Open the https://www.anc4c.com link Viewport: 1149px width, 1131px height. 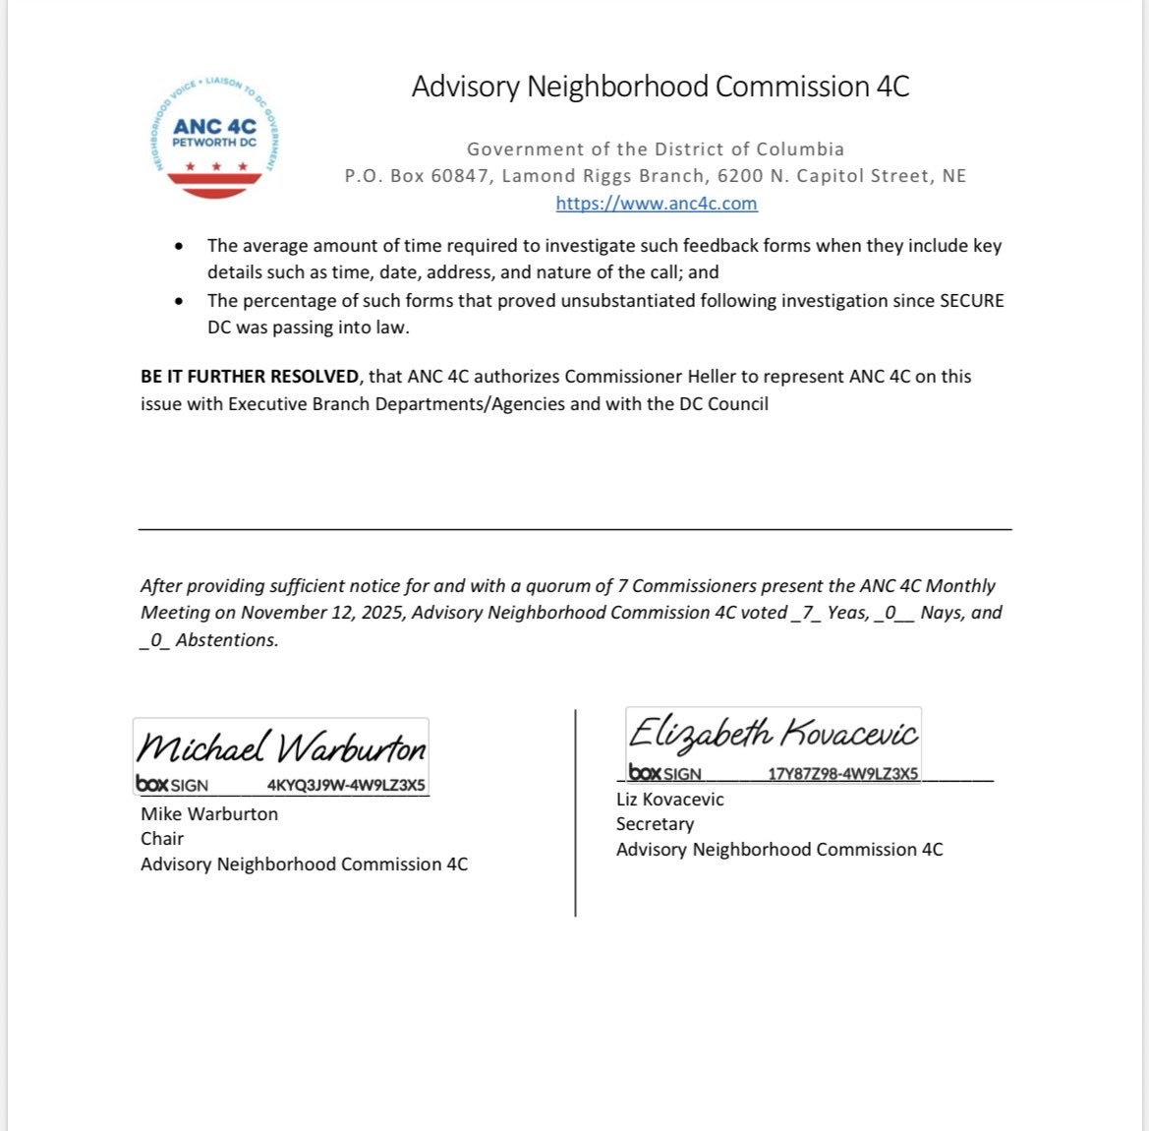[x=656, y=204]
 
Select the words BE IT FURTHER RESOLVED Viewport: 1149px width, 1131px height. [x=250, y=377]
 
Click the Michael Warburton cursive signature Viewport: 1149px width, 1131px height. [x=281, y=749]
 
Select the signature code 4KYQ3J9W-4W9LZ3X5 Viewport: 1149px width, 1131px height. [x=346, y=786]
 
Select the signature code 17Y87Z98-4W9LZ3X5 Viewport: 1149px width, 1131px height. [x=842, y=774]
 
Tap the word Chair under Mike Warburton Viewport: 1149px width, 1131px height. [x=162, y=839]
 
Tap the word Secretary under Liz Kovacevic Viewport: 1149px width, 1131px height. [x=655, y=824]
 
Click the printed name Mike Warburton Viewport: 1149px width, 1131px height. [x=209, y=814]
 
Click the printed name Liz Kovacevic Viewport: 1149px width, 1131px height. [x=669, y=800]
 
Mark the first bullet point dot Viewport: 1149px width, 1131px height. [x=178, y=247]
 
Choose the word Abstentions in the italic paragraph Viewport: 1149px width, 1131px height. [x=226, y=640]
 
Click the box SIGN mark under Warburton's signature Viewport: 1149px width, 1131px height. [x=172, y=786]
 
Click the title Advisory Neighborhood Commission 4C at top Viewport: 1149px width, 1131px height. [x=661, y=87]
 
